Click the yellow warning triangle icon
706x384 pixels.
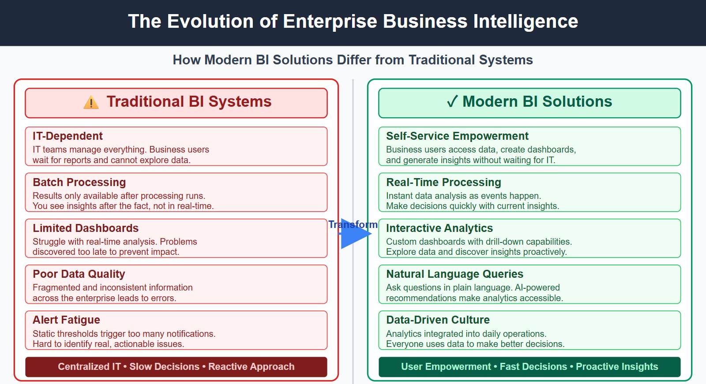coord(91,102)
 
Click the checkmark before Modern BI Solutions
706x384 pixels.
coord(452,101)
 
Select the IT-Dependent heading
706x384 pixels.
coord(68,136)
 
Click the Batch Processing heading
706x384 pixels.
coord(79,182)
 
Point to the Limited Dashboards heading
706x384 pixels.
coord(86,228)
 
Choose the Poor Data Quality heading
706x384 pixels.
coord(79,274)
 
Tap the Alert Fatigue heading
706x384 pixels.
coord(66,320)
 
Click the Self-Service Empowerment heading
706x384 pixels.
coord(457,136)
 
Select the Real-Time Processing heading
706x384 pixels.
coord(443,182)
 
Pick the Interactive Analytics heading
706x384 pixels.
coord(439,228)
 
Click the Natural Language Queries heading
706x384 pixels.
coord(454,274)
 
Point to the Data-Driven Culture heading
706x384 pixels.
coord(438,320)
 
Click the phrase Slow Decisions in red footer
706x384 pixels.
coord(164,366)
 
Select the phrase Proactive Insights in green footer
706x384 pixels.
coord(616,366)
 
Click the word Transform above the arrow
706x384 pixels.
coord(353,224)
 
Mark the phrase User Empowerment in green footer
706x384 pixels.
coord(446,366)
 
